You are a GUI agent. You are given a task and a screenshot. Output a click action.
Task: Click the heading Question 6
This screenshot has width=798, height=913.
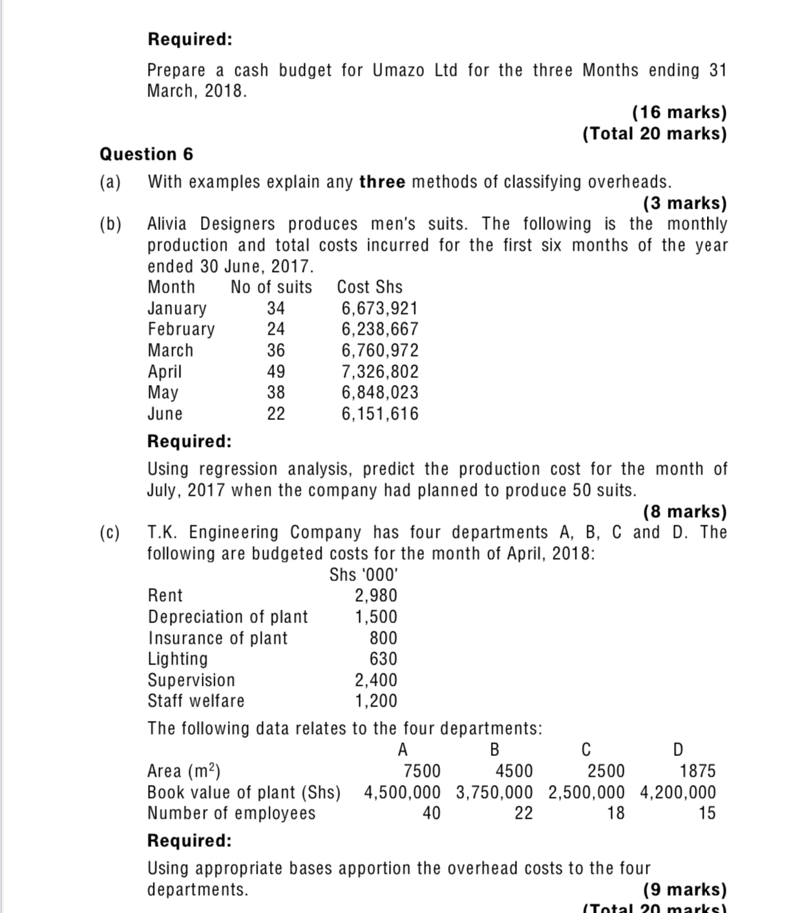146,154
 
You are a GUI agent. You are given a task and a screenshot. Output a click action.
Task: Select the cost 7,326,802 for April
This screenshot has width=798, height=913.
379,372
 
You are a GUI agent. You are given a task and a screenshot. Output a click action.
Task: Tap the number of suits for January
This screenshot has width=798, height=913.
275,308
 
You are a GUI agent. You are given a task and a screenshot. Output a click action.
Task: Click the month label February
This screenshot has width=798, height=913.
181,329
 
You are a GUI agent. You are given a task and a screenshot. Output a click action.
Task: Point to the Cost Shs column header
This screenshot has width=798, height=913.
369,287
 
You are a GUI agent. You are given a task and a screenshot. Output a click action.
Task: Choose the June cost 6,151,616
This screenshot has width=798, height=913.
379,414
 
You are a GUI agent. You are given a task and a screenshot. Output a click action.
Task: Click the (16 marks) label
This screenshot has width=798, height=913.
679,112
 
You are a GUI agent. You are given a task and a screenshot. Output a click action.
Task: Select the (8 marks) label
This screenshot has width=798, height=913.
684,512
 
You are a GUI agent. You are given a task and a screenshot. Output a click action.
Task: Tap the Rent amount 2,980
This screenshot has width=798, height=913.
375,596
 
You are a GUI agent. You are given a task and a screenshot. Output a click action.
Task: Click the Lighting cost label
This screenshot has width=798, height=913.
178,659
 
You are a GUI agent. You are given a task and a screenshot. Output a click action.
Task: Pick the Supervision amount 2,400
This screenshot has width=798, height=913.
375,680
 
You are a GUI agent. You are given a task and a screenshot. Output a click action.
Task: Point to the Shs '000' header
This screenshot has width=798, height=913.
364,575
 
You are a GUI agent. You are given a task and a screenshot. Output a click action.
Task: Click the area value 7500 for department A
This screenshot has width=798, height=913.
421,770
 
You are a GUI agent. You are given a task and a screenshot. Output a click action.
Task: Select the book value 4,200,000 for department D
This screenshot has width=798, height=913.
678,792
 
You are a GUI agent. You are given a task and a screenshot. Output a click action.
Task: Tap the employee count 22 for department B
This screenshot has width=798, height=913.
523,813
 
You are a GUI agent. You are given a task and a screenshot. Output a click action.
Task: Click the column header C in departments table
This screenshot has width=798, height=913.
586,749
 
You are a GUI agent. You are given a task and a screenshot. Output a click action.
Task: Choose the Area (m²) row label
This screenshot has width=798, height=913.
184,770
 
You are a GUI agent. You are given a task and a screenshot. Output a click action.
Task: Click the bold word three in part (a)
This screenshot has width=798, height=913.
382,182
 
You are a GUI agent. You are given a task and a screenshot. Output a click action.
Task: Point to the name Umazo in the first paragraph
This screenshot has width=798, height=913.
399,70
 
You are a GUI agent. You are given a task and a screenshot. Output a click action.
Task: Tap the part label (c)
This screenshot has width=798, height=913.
109,532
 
